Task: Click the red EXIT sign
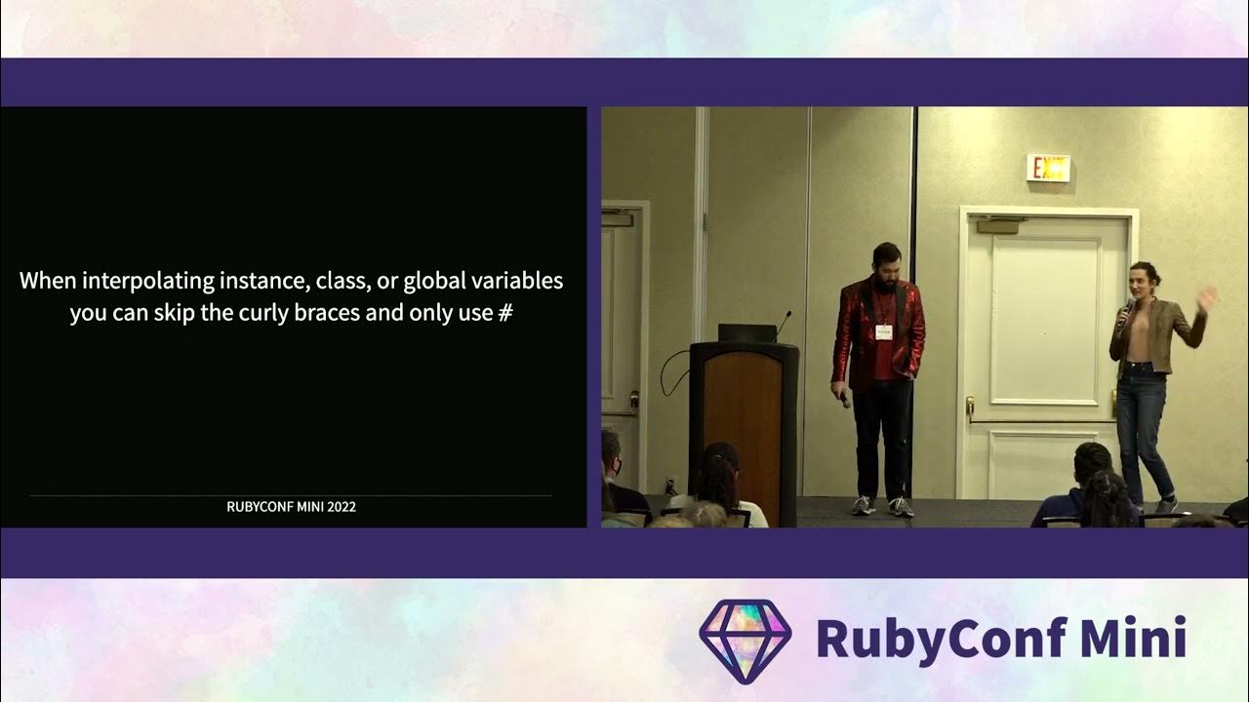(1048, 169)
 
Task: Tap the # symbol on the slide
(504, 314)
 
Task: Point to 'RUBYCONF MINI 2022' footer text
(291, 507)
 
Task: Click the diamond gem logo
(745, 640)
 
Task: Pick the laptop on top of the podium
(746, 332)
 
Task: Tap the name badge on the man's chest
(884, 331)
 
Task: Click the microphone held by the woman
(1126, 311)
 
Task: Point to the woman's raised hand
(1207, 298)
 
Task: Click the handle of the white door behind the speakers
(971, 404)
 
